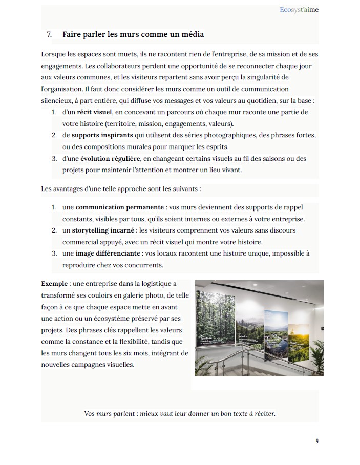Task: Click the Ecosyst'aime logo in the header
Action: (x=300, y=9)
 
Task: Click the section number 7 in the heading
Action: (x=49, y=35)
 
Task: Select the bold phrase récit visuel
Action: (x=94, y=112)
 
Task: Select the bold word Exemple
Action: (x=54, y=283)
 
